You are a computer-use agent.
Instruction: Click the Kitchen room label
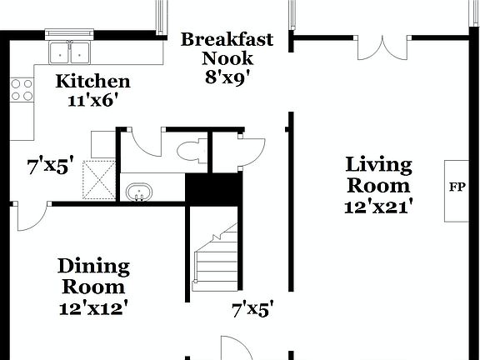(x=92, y=82)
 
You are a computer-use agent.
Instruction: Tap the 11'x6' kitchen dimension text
(x=92, y=100)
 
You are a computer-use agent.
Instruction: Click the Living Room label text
(x=379, y=175)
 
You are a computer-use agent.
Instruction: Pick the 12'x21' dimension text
(x=379, y=206)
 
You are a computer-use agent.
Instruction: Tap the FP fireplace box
(x=457, y=187)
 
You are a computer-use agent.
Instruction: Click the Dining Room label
(x=93, y=276)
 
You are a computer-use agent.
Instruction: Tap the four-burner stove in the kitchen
(x=22, y=90)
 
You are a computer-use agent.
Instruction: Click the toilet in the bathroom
(x=190, y=151)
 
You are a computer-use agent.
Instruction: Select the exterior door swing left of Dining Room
(x=31, y=217)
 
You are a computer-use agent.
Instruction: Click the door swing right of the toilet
(x=248, y=150)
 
